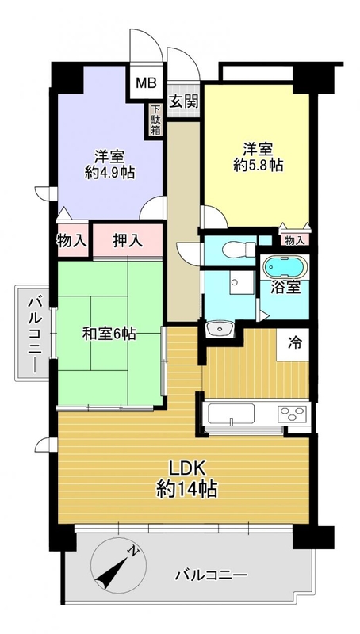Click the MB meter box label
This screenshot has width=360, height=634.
(146, 84)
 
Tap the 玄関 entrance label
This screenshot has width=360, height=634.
(184, 101)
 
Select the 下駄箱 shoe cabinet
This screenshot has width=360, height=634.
(155, 120)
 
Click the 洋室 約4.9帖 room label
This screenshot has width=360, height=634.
(109, 164)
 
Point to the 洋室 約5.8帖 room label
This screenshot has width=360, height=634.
(258, 157)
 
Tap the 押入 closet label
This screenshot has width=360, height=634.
(128, 241)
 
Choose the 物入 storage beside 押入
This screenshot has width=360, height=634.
(72, 241)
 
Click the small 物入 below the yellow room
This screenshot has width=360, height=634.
(294, 240)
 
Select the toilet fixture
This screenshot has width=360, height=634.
(239, 249)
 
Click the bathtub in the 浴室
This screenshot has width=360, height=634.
(285, 267)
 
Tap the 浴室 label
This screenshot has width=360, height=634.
(285, 288)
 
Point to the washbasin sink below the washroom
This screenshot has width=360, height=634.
(220, 329)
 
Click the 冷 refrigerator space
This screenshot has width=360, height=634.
(293, 344)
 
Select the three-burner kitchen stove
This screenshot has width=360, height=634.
(292, 414)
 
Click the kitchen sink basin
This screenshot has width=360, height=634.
(232, 414)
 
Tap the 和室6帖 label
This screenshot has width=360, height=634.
(109, 334)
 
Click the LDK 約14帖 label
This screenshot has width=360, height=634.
(187, 479)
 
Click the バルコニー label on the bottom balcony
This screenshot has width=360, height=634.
(211, 575)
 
